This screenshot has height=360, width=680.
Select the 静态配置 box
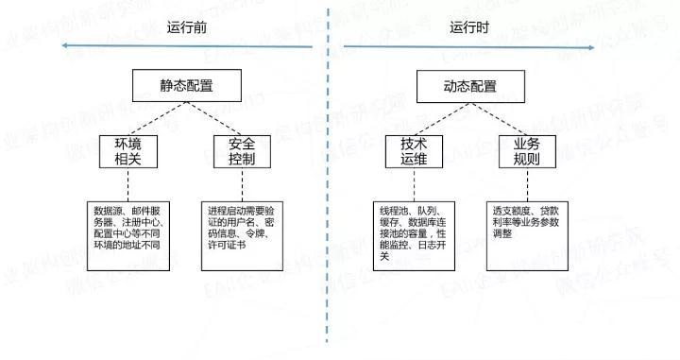[186, 86]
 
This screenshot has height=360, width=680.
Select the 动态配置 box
[469, 86]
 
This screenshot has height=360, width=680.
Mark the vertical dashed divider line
[329, 189]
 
